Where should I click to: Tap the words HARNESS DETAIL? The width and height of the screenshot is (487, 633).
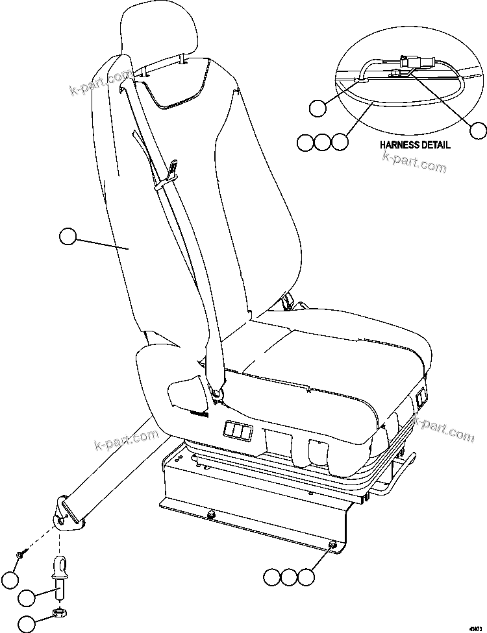point(414,145)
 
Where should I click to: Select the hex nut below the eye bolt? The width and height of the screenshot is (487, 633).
point(56,612)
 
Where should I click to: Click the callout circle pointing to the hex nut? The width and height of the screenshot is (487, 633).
point(27,623)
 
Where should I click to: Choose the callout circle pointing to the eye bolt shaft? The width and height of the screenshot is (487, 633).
point(27,597)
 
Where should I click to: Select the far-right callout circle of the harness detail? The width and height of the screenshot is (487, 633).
point(478,130)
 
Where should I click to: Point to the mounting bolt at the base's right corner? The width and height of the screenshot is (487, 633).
point(332,546)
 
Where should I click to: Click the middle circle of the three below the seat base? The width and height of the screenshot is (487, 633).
point(289,576)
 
